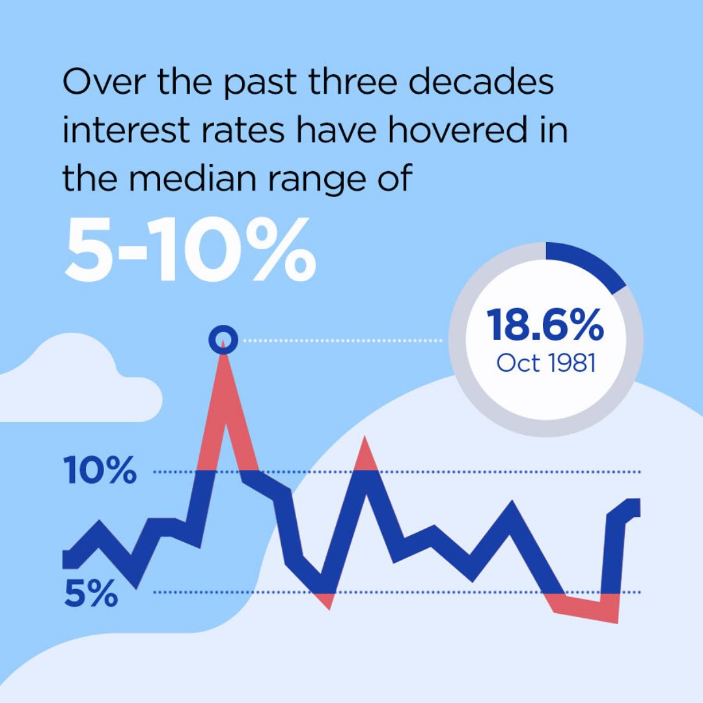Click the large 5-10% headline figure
coord(190,249)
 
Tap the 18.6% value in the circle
coord(545,325)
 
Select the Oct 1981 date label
coord(546,363)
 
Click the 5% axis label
coord(91,593)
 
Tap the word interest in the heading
coord(126,130)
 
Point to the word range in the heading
coord(317,180)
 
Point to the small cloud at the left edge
coord(76,381)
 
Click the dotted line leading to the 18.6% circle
coord(342,340)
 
